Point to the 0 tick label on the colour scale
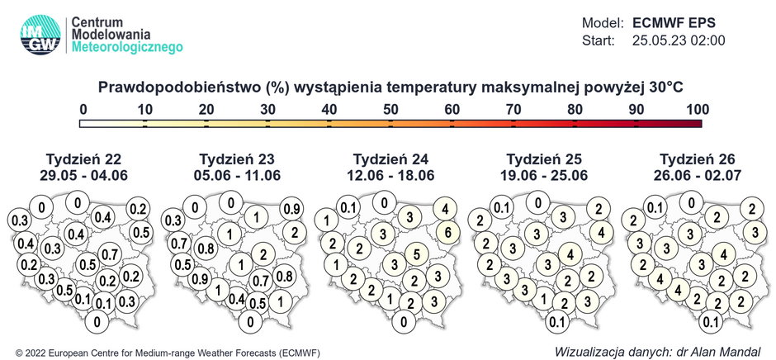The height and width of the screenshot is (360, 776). [83, 109]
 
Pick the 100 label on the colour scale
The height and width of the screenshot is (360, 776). [698, 109]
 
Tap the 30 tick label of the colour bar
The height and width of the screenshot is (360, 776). [267, 109]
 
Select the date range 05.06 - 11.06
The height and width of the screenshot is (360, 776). [236, 175]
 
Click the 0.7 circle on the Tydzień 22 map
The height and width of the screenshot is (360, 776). [108, 252]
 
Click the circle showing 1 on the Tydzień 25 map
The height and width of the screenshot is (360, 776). [541, 298]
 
